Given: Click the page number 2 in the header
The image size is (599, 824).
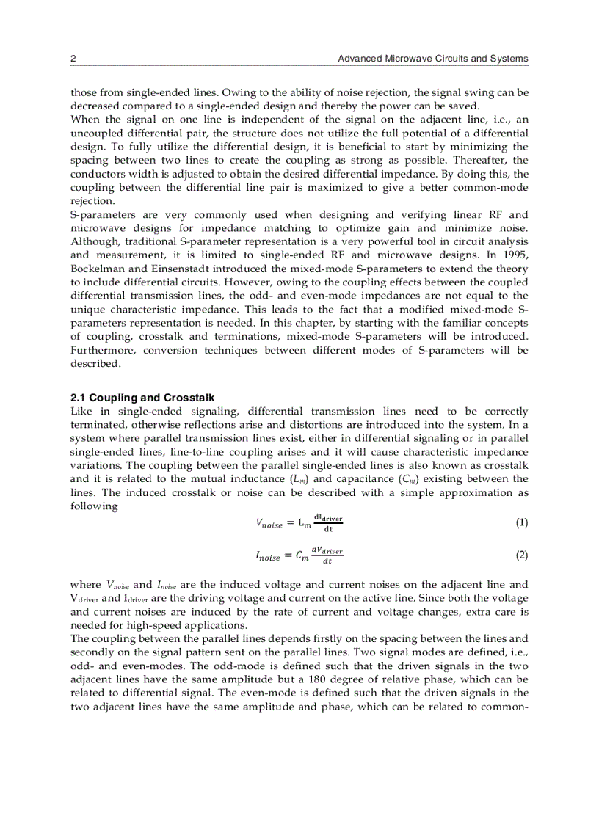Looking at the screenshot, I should point(73,59).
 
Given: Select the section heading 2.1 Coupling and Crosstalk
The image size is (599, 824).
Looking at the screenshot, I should point(142,398).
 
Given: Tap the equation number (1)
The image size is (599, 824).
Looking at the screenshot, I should point(521,523).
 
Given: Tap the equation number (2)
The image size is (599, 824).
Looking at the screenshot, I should point(521,555).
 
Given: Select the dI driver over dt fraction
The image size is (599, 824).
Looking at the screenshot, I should point(327,523).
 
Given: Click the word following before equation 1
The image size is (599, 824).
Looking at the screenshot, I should point(94,506).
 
